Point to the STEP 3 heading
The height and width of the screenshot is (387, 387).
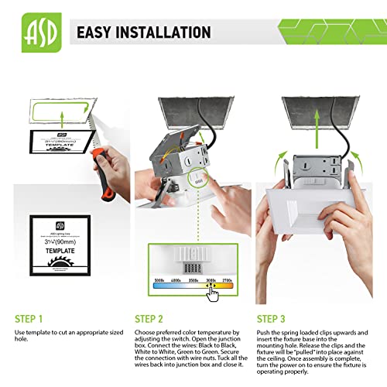(272, 318)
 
